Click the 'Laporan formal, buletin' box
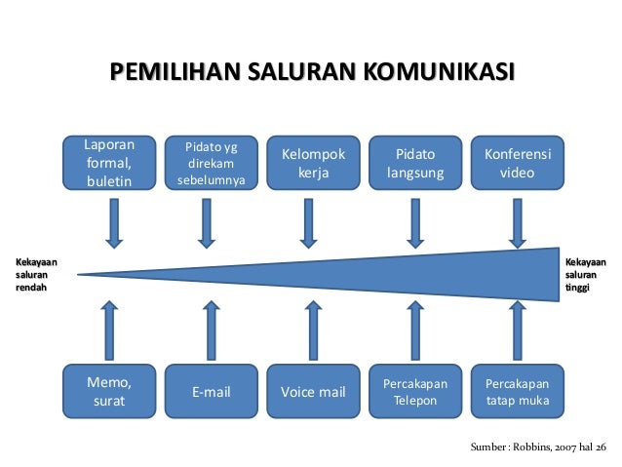pos(109,162)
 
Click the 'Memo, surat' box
pos(109,391)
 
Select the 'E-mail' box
pos(211,392)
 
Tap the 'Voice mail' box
pos(313,392)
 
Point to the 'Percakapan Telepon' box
pos(414,392)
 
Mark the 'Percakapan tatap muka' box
pos(517,392)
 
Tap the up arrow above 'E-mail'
pos(211,329)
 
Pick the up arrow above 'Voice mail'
pos(313,329)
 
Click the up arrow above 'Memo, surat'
pos(109,329)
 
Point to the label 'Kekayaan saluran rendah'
pos(34,274)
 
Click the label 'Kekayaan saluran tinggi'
pos(586,274)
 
